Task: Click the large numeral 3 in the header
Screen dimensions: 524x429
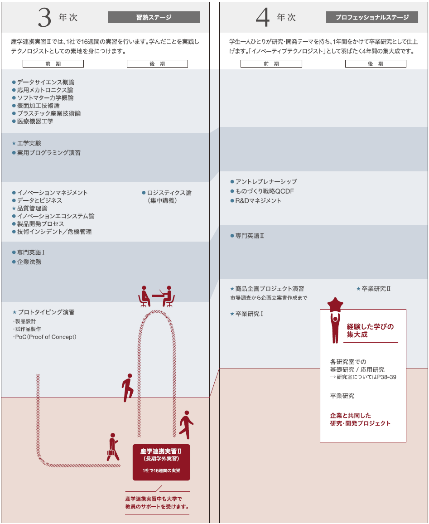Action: (x=45, y=17)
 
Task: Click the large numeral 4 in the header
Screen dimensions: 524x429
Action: (x=263, y=18)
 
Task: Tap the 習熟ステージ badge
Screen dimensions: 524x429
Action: (x=154, y=17)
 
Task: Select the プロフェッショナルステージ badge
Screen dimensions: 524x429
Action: (x=372, y=17)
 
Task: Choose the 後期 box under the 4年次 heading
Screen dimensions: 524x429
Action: (x=376, y=64)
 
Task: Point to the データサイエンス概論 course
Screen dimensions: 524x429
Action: (x=46, y=82)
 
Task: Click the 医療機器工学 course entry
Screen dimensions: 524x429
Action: (x=35, y=121)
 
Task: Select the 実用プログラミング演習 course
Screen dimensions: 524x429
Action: (x=48, y=153)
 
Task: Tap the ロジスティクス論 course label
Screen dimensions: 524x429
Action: (x=169, y=193)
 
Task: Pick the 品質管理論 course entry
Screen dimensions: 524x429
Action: (x=32, y=208)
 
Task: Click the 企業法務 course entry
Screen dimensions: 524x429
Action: (x=29, y=262)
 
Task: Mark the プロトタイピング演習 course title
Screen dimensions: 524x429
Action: (x=46, y=312)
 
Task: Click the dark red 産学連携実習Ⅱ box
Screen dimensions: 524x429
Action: (x=161, y=462)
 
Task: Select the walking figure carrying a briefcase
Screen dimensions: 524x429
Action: (x=112, y=447)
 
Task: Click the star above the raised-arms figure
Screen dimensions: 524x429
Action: (x=336, y=304)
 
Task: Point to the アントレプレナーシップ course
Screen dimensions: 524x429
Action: (x=266, y=182)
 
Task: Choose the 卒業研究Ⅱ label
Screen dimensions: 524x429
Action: (x=376, y=289)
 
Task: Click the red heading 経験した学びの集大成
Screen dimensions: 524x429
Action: (x=370, y=330)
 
